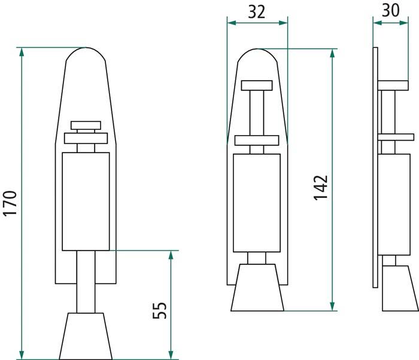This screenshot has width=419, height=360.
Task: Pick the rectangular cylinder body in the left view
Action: coord(86,201)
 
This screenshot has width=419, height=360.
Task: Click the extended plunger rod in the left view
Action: coord(86,281)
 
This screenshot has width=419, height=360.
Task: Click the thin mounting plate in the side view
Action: coord(375,167)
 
